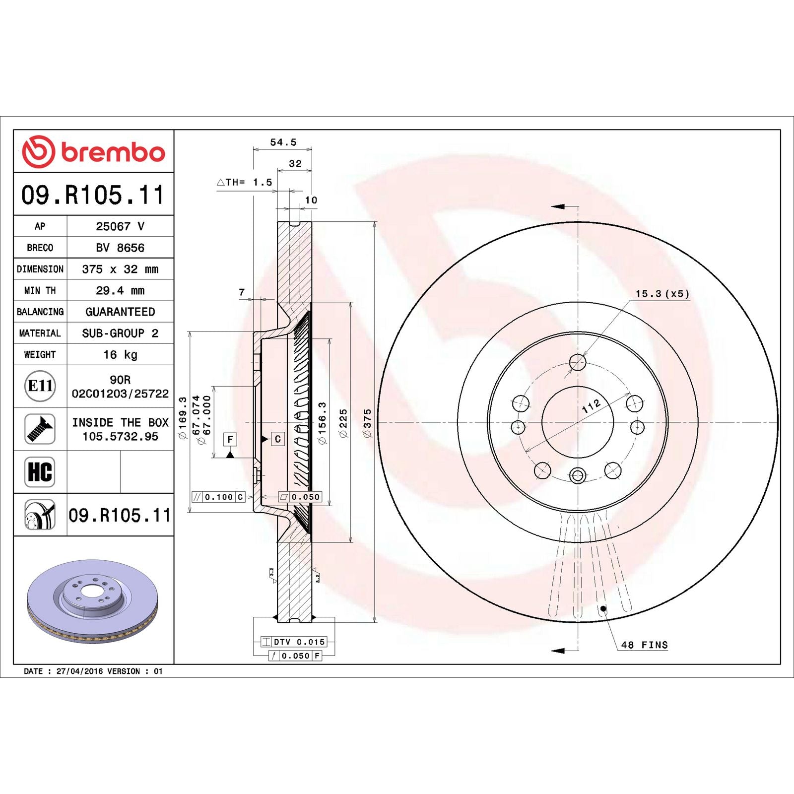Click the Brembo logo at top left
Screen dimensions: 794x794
click(x=93, y=151)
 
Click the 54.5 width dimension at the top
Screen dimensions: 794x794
click(x=283, y=142)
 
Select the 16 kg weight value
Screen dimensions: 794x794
click(x=120, y=354)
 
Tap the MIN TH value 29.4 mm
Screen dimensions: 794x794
click(x=120, y=290)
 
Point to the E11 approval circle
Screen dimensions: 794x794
click(x=40, y=386)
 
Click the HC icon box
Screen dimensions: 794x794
click(x=40, y=471)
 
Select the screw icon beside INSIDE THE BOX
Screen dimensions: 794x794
click(x=40, y=429)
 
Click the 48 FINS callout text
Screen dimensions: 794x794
click(x=644, y=645)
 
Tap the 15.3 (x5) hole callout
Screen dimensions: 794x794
click(x=662, y=294)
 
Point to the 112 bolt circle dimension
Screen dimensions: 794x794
click(x=592, y=406)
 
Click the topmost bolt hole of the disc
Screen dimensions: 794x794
click(x=578, y=362)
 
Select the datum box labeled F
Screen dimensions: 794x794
click(x=230, y=439)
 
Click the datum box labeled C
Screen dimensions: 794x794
click(x=277, y=439)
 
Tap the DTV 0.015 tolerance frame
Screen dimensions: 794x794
click(x=294, y=642)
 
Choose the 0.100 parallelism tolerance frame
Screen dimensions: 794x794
click(x=218, y=497)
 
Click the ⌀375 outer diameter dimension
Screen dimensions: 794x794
click(x=367, y=423)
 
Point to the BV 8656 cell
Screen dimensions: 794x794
click(x=120, y=248)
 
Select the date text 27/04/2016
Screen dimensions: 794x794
click(x=79, y=671)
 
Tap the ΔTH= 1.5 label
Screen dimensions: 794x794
click(x=245, y=182)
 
